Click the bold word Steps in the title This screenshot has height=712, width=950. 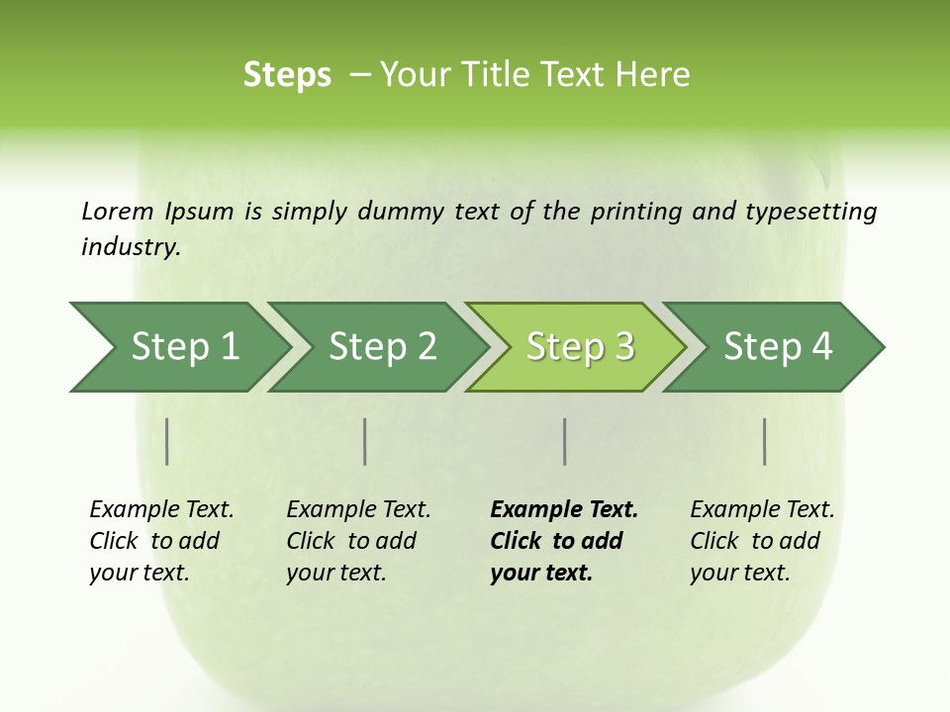(287, 75)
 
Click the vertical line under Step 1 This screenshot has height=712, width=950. (167, 441)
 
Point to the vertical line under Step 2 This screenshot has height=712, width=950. (365, 441)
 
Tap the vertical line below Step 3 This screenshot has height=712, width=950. (564, 441)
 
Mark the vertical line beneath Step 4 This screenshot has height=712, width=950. (764, 441)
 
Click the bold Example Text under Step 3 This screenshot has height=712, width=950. (563, 541)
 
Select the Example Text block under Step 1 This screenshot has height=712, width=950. (161, 541)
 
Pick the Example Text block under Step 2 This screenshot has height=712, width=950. (358, 541)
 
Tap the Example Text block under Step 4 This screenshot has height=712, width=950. (762, 541)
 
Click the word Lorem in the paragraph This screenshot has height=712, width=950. (118, 212)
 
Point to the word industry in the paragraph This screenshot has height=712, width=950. (131, 247)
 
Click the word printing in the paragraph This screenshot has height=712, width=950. (636, 212)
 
